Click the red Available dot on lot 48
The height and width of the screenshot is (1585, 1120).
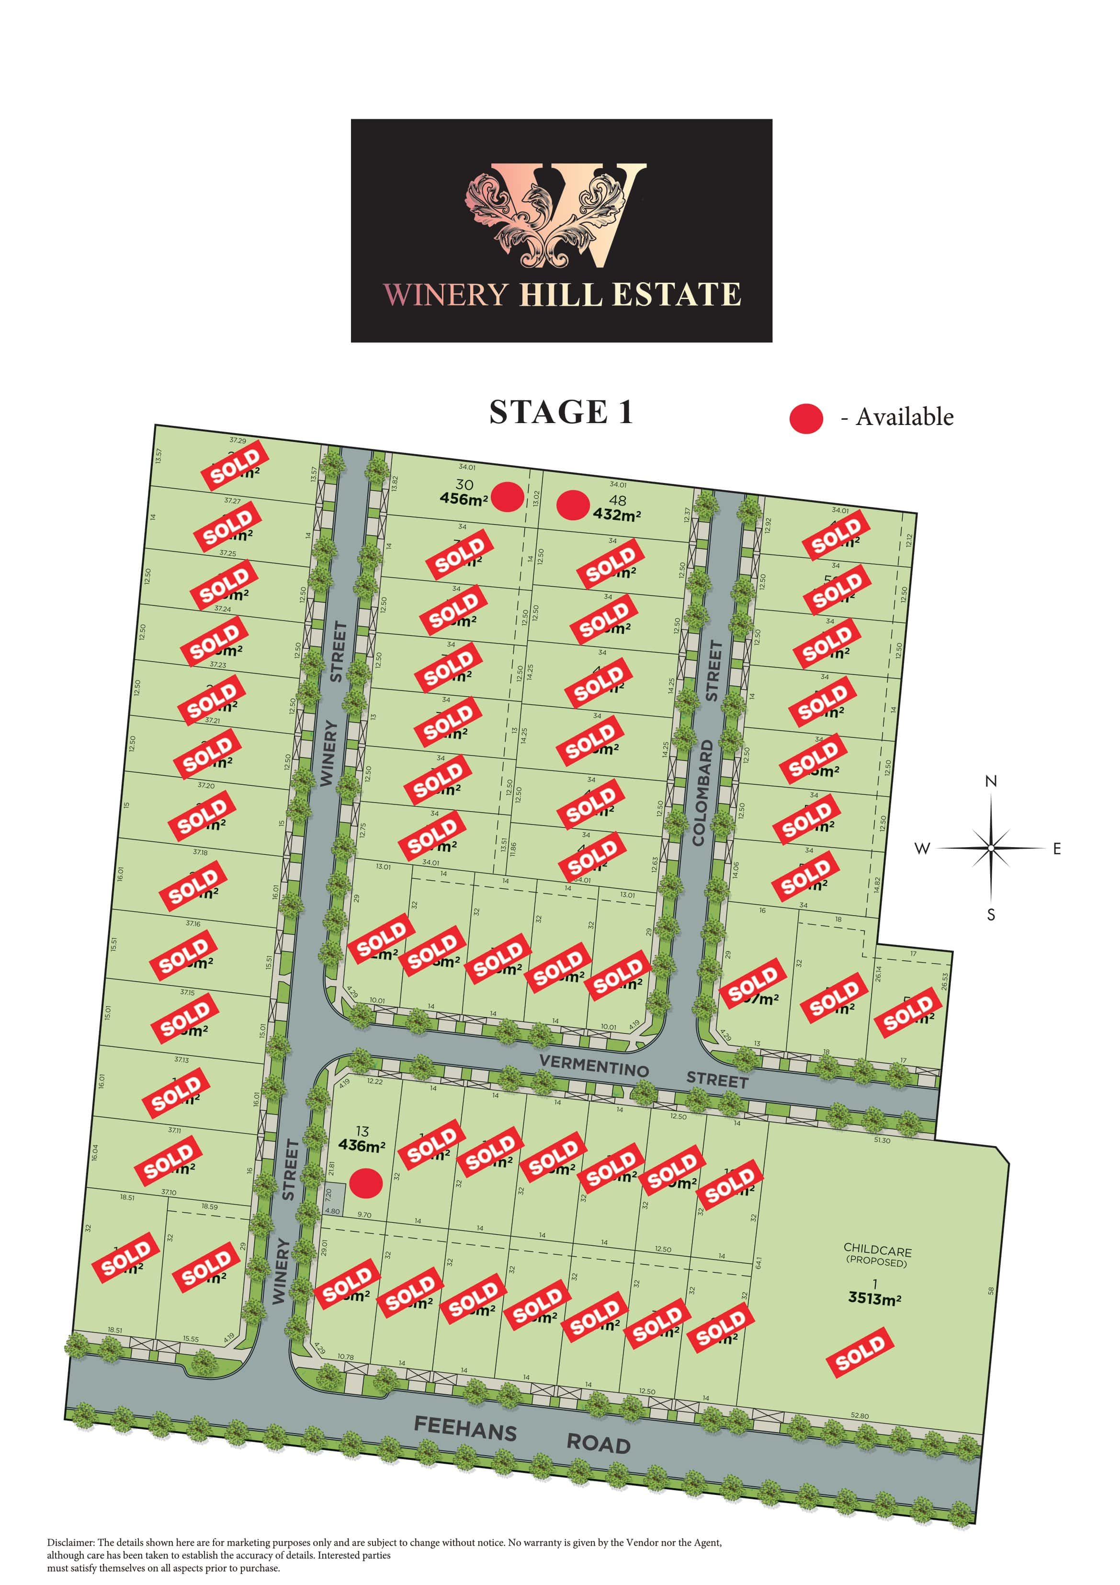coord(573,505)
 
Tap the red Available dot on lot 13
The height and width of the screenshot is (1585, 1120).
coord(366,1183)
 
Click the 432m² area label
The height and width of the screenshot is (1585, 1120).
coord(616,515)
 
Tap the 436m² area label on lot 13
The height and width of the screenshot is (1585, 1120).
coord(362,1145)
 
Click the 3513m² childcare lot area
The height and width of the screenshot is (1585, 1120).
coord(874,1298)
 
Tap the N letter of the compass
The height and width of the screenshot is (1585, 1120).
coord(991,781)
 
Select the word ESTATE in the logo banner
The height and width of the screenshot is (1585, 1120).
coord(676,295)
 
